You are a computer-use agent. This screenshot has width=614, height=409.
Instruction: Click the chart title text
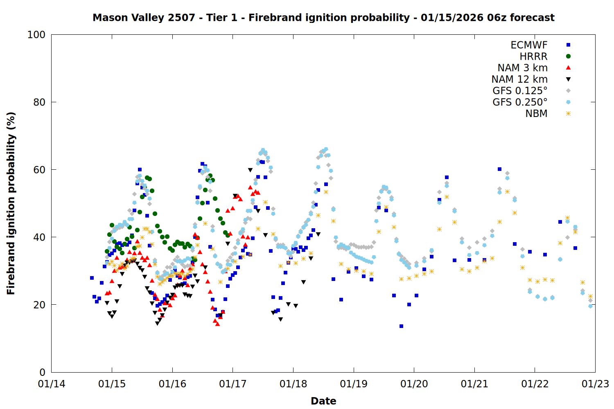pyautogui.click(x=323, y=18)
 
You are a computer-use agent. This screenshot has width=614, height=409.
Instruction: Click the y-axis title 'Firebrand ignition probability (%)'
pyautogui.click(x=11, y=203)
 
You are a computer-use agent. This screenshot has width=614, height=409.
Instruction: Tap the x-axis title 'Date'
pyautogui.click(x=323, y=401)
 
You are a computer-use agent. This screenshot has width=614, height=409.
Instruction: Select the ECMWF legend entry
pyautogui.click(x=529, y=45)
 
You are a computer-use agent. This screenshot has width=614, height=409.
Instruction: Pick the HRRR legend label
pyautogui.click(x=533, y=56)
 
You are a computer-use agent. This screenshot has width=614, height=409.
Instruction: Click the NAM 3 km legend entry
pyautogui.click(x=522, y=68)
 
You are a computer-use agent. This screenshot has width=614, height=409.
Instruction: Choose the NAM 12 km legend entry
pyautogui.click(x=519, y=79)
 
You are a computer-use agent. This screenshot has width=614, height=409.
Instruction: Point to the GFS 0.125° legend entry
pyautogui.click(x=520, y=91)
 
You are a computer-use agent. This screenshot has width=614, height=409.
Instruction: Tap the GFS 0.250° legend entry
pyautogui.click(x=520, y=102)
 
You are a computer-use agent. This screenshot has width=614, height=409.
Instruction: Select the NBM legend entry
pyautogui.click(x=536, y=114)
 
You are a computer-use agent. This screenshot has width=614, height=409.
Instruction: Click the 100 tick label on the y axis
pyautogui.click(x=36, y=35)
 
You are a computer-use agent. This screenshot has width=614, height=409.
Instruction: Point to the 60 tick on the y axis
pyautogui.click(x=39, y=170)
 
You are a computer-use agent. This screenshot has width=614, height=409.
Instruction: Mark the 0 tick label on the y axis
pyautogui.click(x=42, y=372)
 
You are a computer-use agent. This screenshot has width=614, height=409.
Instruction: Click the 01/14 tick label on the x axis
pyautogui.click(x=52, y=384)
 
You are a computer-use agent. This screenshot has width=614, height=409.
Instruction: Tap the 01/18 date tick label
pyautogui.click(x=293, y=384)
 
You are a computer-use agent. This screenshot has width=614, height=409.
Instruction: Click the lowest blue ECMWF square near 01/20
pyautogui.click(x=401, y=326)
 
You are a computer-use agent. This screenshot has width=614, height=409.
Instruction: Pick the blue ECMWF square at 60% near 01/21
pyautogui.click(x=499, y=169)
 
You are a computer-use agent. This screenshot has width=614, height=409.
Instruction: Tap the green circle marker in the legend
pyautogui.click(x=568, y=56)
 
